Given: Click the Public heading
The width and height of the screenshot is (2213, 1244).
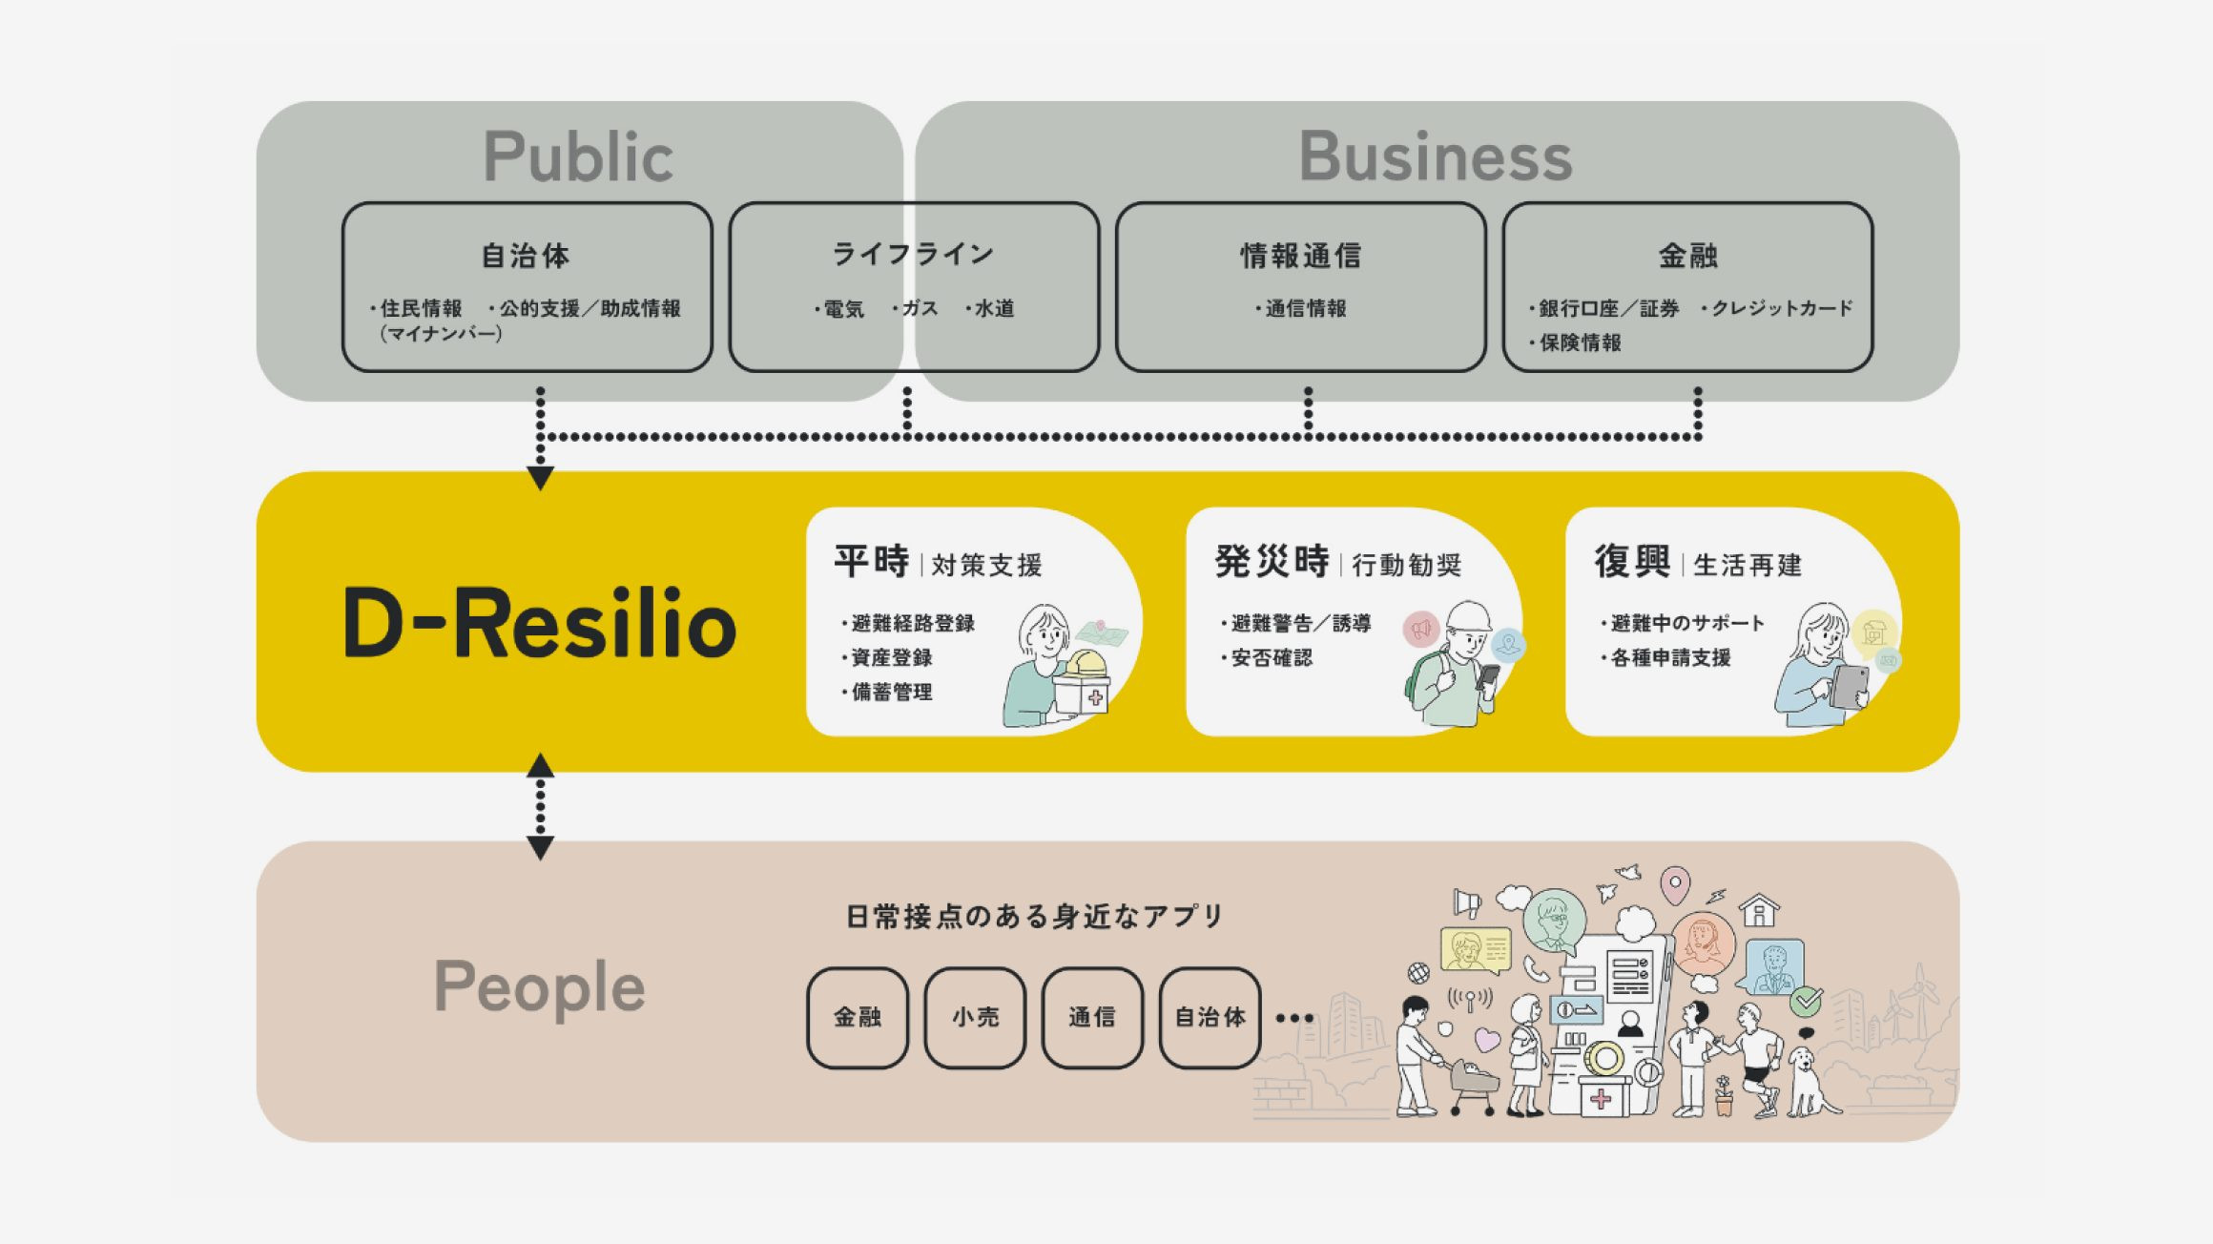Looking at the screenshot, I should point(578,156).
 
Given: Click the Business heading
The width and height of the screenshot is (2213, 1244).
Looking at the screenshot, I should point(1435,156).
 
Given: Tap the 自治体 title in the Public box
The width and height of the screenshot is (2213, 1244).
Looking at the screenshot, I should point(526,256).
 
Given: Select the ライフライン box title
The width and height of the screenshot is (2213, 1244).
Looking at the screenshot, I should point(914,254).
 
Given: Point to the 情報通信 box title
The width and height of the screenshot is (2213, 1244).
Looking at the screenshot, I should point(1300,256).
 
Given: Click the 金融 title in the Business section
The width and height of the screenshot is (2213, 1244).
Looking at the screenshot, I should point(1687,256).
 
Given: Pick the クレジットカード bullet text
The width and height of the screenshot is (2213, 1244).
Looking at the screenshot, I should point(1780,308).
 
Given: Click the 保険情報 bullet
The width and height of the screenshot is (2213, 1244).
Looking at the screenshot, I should point(1580,342).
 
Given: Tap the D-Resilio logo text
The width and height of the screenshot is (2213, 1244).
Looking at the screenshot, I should point(539,623).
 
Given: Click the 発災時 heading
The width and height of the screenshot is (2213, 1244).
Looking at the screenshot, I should point(1272,561).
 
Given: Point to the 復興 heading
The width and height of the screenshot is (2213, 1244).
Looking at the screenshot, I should point(1632,561).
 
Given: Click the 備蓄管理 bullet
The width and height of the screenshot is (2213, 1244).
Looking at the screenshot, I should point(891,692).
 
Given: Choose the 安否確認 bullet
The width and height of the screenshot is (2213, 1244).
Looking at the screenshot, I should point(1271,657).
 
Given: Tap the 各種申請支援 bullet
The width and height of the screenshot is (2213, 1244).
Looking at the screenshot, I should point(1669,657).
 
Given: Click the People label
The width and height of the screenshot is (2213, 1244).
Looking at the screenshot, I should point(539,987).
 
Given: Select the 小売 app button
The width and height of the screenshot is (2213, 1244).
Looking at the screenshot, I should point(975,1017).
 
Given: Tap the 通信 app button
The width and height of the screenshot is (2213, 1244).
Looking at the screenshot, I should point(1092,1017).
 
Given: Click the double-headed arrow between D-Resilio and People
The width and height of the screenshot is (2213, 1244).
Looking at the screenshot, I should point(541,806).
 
